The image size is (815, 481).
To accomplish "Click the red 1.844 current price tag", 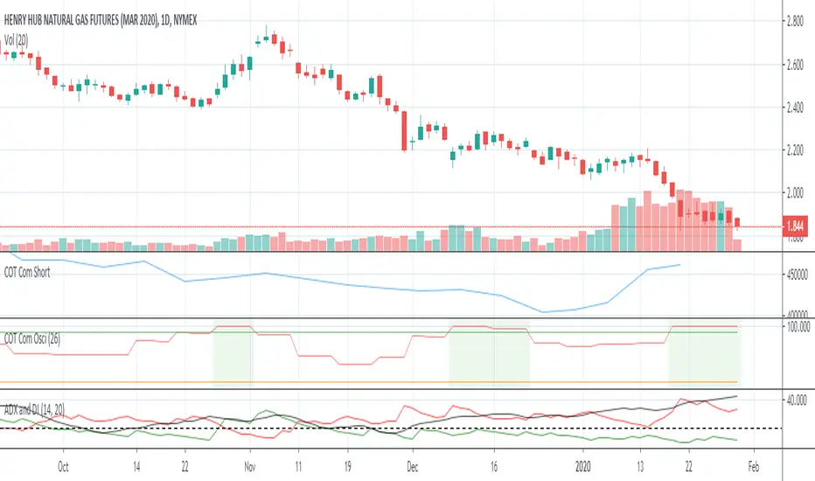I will coord(796,227).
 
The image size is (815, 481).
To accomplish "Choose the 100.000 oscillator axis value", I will coord(798,327).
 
